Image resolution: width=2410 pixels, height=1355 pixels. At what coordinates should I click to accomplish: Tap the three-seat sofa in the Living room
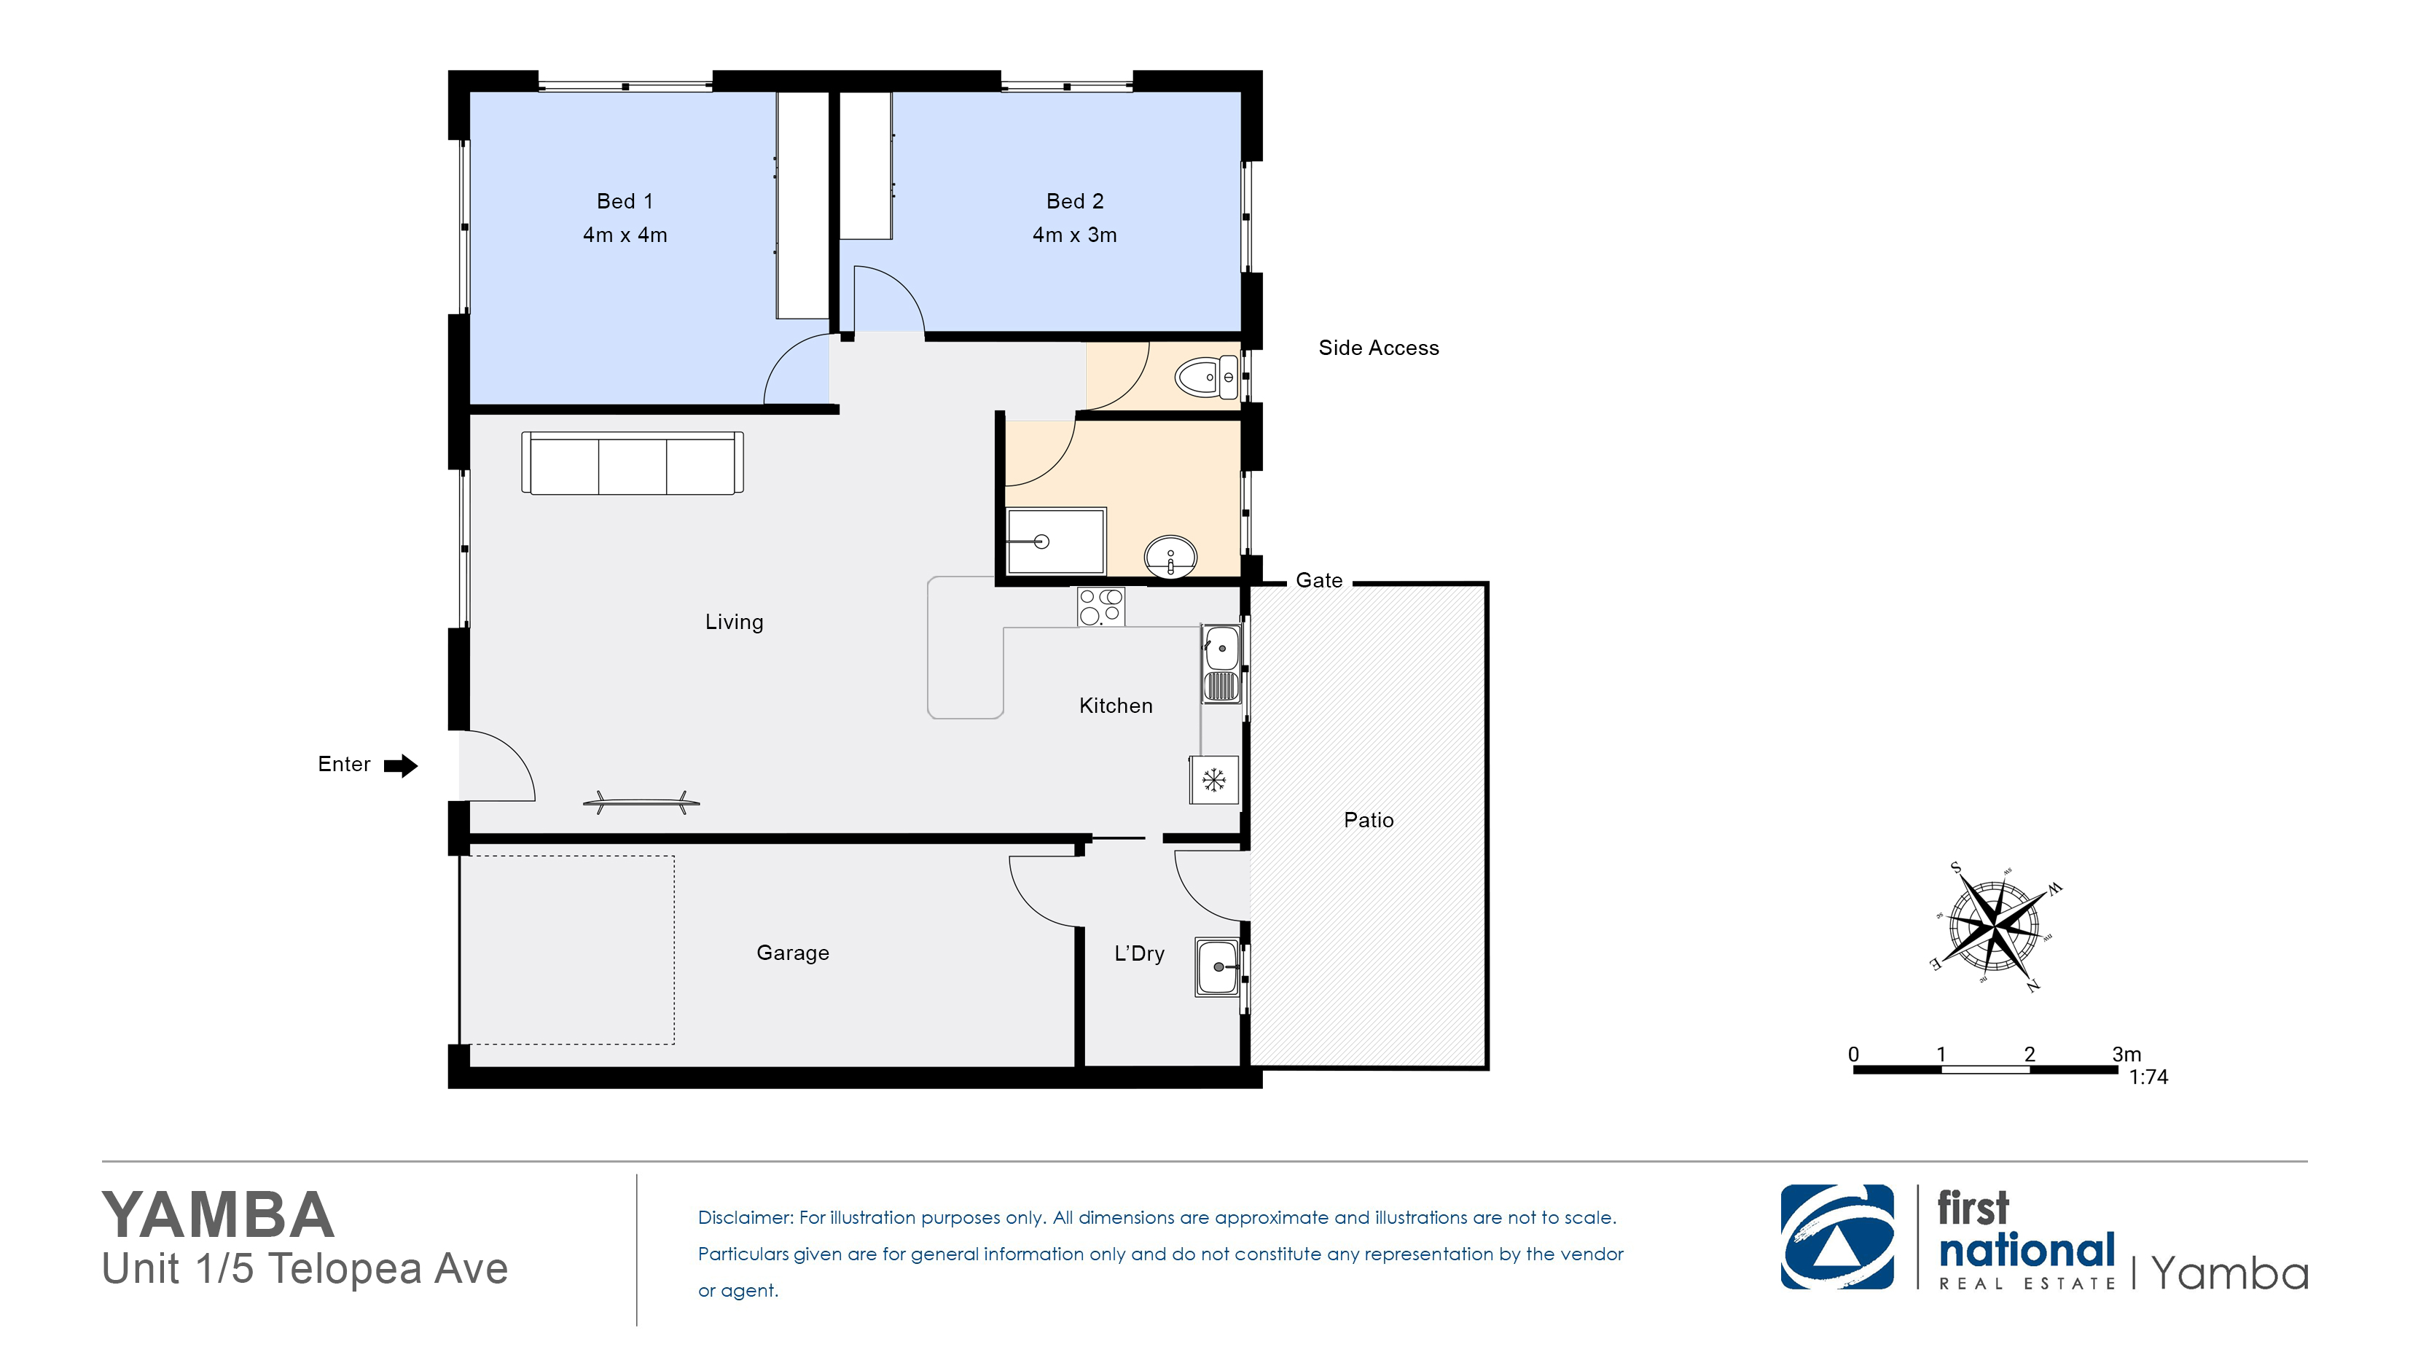coord(633,462)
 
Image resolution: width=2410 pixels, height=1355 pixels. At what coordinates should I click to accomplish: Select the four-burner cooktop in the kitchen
coord(1100,606)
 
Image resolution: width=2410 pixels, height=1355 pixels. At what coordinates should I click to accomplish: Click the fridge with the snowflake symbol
coord(1214,779)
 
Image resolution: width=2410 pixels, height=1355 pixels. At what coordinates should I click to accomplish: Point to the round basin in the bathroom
coord(1170,558)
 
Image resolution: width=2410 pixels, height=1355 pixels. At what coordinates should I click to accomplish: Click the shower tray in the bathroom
coord(1056,541)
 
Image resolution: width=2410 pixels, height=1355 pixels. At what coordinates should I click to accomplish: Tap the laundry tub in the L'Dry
coord(1218,967)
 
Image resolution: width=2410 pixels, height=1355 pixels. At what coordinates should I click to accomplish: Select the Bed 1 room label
coord(625,201)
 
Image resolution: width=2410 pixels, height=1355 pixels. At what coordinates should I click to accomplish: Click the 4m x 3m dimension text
coord(1075,235)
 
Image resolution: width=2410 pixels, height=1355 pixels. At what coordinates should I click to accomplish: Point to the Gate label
coord(1319,580)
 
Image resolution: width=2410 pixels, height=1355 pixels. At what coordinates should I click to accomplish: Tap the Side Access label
coord(1379,348)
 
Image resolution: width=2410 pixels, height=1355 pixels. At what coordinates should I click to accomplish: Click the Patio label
coord(1369,820)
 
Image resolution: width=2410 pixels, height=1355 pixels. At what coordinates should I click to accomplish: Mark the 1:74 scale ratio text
coord(2149,1077)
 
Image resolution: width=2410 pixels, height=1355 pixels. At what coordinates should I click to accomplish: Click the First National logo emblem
coord(1837,1237)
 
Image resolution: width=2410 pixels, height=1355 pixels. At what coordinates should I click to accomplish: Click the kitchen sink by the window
coord(1221,663)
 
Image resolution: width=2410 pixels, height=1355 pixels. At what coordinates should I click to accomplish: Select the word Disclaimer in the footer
coord(744,1217)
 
